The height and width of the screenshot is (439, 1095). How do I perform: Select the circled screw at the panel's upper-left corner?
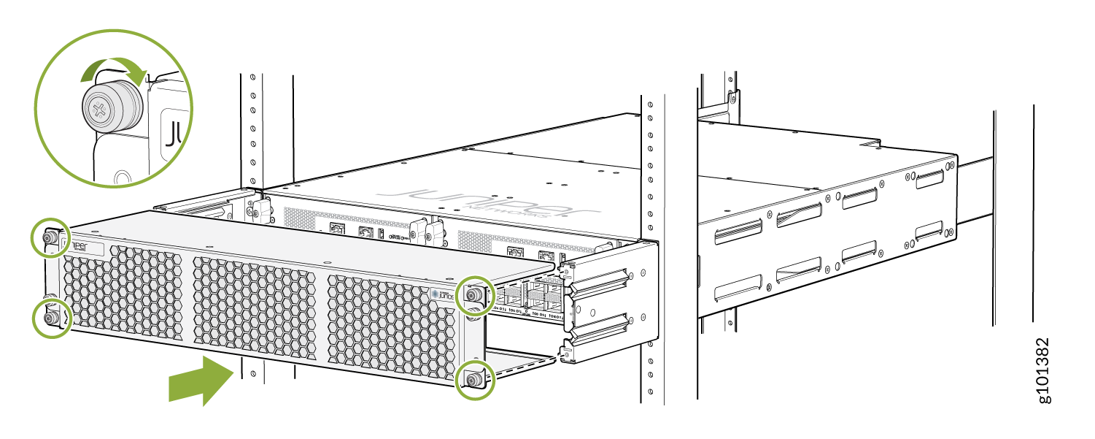(50, 237)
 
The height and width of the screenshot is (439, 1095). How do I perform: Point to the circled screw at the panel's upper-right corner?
(473, 295)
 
